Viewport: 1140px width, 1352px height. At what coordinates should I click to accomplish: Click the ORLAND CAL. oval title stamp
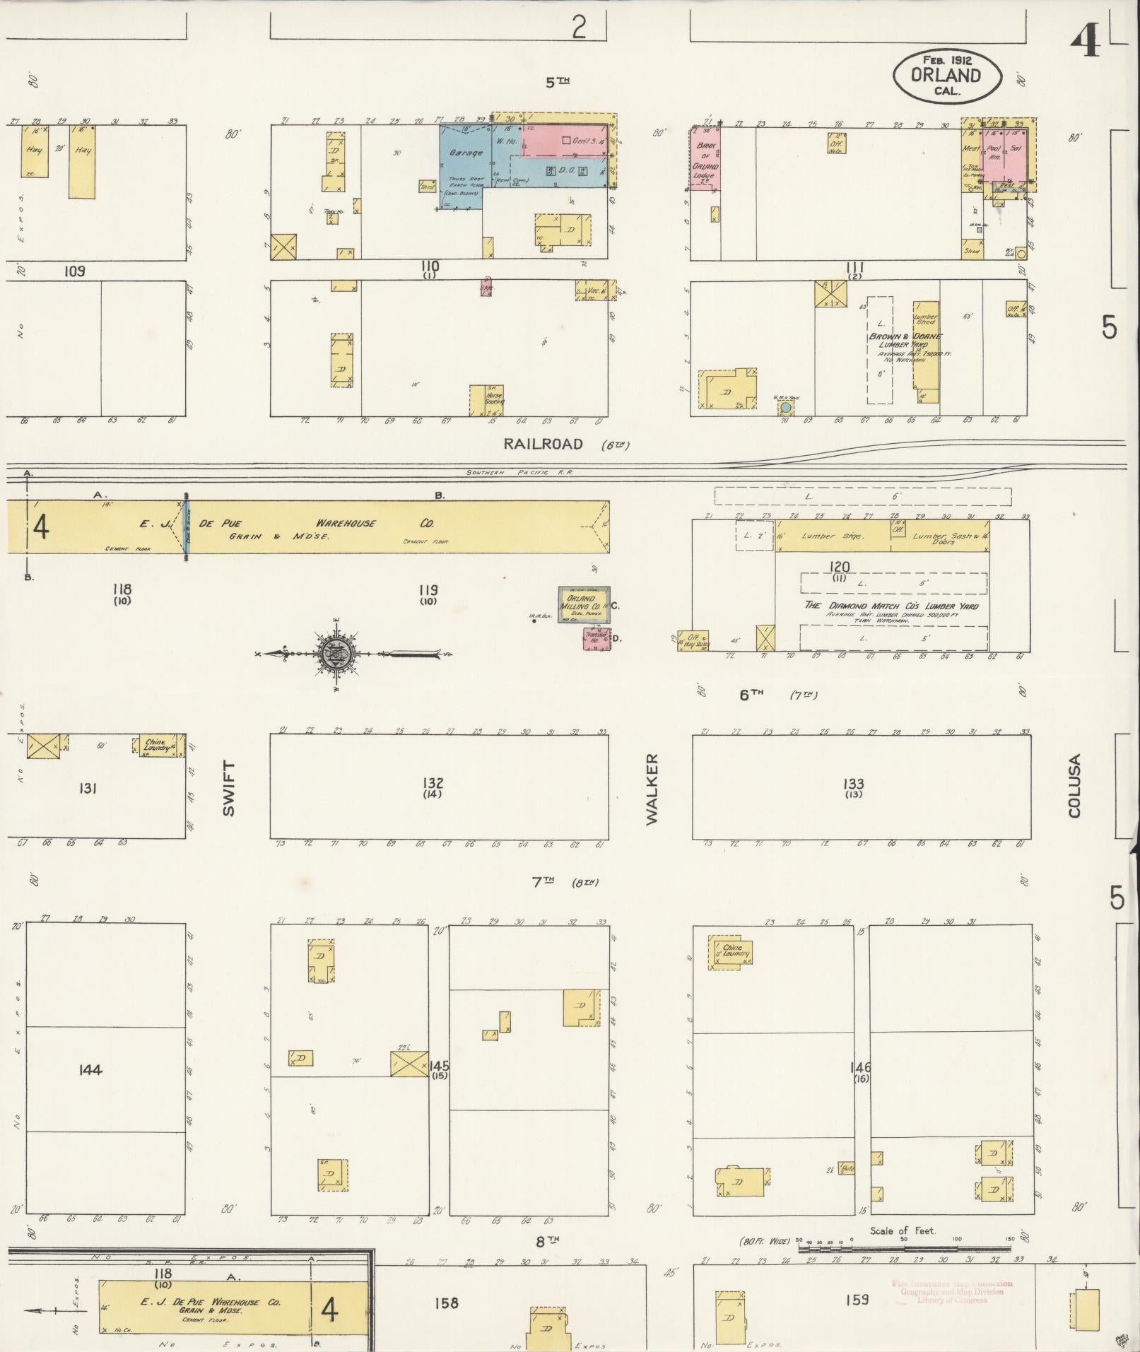coord(946,76)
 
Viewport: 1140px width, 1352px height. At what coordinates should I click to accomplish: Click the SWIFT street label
coord(228,789)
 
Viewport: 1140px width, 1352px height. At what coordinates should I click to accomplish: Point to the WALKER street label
coord(652,788)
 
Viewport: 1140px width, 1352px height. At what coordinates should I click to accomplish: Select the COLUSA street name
coord(1075,786)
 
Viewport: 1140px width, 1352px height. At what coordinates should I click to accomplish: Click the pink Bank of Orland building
coord(706,160)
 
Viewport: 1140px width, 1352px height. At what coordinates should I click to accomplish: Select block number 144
coord(91,1070)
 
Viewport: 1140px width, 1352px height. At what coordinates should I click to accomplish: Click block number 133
coord(853,783)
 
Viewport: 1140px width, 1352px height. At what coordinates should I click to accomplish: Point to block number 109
coord(74,271)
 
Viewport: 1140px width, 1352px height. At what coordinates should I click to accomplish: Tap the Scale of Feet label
coord(903,1230)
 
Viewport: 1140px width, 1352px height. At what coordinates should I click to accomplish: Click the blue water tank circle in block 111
coord(785,408)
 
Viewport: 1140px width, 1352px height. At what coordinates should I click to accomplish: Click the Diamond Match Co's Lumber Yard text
coord(892,606)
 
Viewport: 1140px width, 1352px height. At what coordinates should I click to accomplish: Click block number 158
coord(447,1303)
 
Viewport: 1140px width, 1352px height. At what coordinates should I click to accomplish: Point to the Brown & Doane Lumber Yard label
coord(906,341)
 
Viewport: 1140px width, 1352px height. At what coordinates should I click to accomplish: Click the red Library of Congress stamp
coord(952,1291)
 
